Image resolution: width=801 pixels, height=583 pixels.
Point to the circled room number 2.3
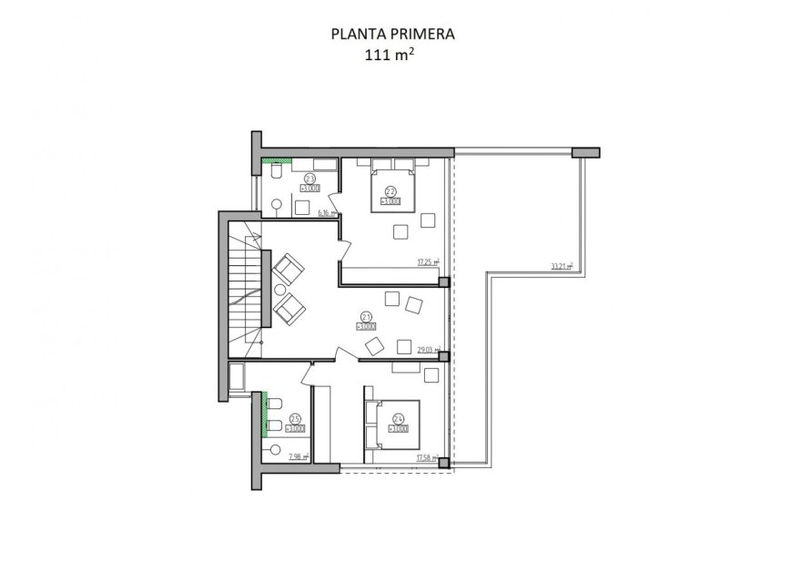(x=309, y=179)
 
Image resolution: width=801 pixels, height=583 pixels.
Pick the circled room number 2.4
(x=399, y=420)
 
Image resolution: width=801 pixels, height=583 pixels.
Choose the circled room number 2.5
(x=295, y=419)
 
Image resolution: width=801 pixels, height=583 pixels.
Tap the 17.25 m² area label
(x=428, y=261)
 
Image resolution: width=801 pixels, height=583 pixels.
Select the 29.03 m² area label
(x=428, y=349)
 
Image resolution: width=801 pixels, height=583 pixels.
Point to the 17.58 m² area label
(x=428, y=457)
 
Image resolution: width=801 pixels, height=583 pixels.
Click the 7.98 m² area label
(x=298, y=457)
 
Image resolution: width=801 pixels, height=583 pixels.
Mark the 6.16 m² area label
(x=327, y=213)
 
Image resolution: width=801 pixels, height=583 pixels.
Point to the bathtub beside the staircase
(x=237, y=378)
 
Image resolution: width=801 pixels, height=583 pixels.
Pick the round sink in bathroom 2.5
(x=273, y=447)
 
